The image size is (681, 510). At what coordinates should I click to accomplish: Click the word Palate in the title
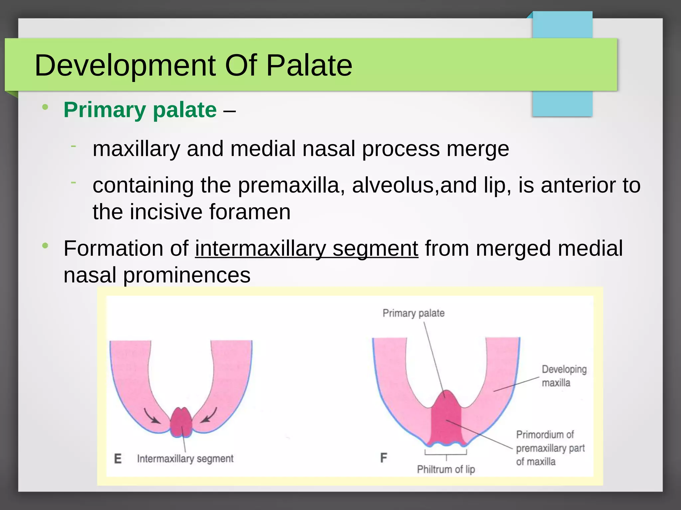309,65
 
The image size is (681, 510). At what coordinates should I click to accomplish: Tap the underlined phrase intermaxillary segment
306,248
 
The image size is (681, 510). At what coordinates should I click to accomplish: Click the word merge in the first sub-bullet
477,148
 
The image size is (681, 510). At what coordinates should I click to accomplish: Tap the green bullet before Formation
45,246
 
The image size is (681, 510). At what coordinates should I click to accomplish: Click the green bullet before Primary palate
45,107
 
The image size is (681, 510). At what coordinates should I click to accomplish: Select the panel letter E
118,459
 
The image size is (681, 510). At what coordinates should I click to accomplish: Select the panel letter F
383,458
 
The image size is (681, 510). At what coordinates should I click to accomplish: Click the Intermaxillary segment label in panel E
185,459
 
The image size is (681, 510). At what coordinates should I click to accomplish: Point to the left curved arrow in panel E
151,416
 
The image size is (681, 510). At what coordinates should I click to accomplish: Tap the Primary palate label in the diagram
413,313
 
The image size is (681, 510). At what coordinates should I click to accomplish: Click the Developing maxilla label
564,376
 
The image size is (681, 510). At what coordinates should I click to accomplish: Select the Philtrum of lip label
446,469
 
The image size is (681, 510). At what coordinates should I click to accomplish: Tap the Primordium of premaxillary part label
550,448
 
